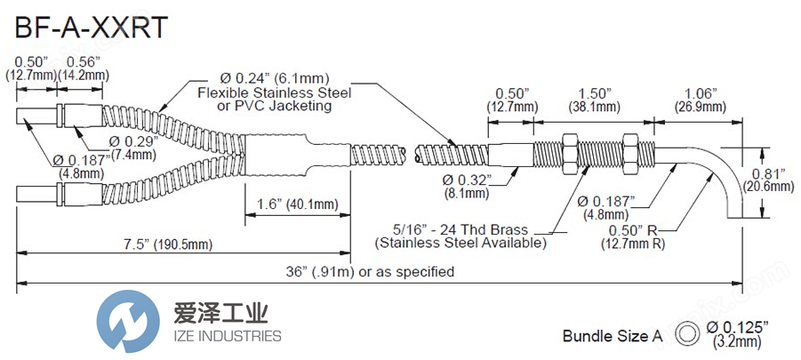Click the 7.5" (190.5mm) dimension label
click(x=174, y=244)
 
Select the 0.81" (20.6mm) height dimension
click(x=769, y=179)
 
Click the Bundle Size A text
click(x=613, y=336)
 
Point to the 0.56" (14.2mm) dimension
click(x=83, y=68)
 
